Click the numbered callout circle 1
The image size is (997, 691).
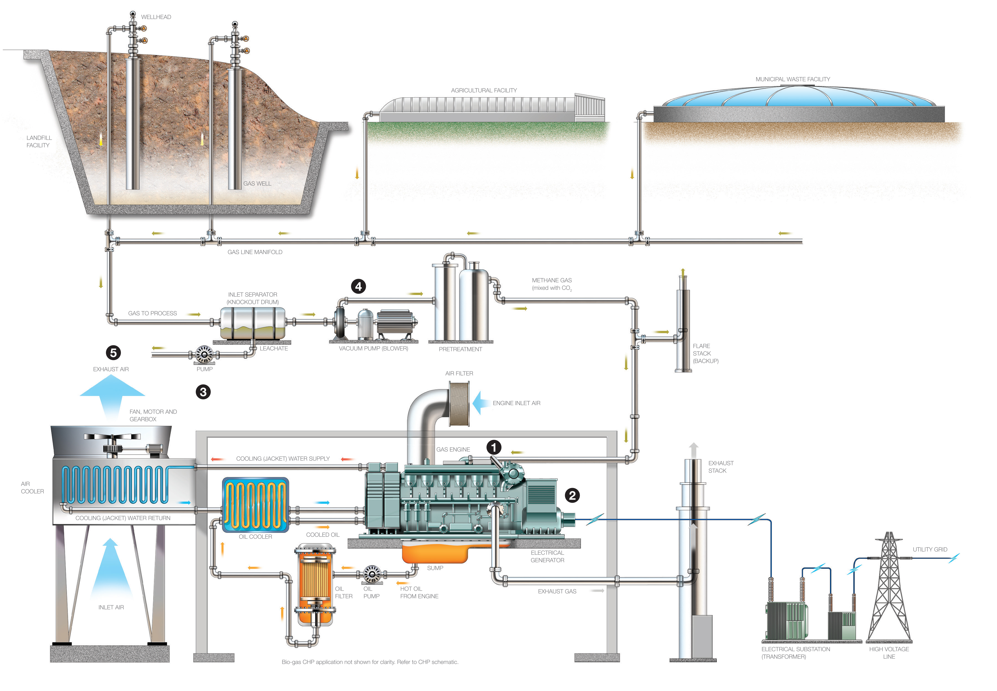point(493,447)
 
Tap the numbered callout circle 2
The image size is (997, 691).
point(572,495)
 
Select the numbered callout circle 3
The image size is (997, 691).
point(203,392)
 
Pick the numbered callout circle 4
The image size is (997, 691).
point(358,286)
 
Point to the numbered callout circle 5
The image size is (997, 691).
point(113,353)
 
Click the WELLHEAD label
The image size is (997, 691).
point(156,17)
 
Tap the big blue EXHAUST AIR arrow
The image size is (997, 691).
point(112,396)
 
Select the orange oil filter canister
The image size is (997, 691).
point(315,584)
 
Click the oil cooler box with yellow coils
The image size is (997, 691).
point(256,505)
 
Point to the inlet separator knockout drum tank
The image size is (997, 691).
point(253,323)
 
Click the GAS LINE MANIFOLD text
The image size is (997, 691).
point(255,252)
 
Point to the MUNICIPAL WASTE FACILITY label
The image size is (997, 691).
point(793,79)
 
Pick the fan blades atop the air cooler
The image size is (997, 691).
point(112,436)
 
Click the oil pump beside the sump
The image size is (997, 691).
point(371,575)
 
